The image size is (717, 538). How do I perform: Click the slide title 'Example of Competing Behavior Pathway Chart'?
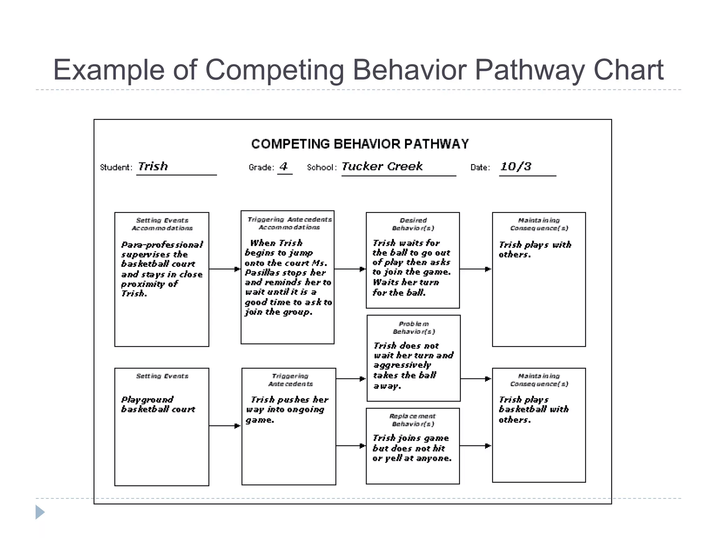pos(358,70)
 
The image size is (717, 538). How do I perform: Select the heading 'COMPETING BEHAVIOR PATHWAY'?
pos(360,144)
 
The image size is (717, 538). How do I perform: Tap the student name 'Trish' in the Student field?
pos(153,166)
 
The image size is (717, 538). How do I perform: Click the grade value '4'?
pos(284,166)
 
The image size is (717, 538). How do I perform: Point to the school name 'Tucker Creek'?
pos(382,166)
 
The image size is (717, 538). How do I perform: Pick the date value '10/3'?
pos(516,167)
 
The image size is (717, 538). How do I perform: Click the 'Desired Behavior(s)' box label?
pos(413,224)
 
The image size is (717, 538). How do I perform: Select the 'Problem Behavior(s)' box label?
pos(414,327)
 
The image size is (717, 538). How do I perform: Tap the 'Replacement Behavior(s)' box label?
pos(413,420)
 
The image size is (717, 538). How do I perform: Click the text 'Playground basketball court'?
pos(158,405)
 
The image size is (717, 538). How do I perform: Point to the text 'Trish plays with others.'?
pos(535,249)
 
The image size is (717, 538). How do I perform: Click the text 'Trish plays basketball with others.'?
pos(534,409)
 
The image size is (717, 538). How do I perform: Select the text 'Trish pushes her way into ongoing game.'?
pos(287,409)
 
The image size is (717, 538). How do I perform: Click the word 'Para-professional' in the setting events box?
pos(162,245)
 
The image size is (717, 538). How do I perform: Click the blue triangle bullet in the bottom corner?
pos(40,512)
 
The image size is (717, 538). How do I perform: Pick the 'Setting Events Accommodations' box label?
pos(162,224)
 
